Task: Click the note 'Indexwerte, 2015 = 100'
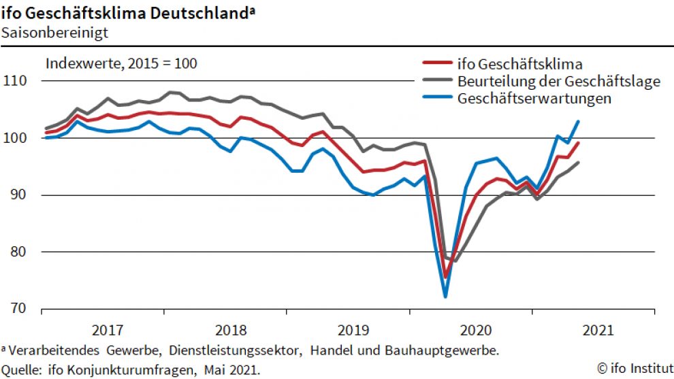click(x=121, y=64)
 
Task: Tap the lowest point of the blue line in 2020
click(x=445, y=297)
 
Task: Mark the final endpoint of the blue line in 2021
click(x=578, y=121)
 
